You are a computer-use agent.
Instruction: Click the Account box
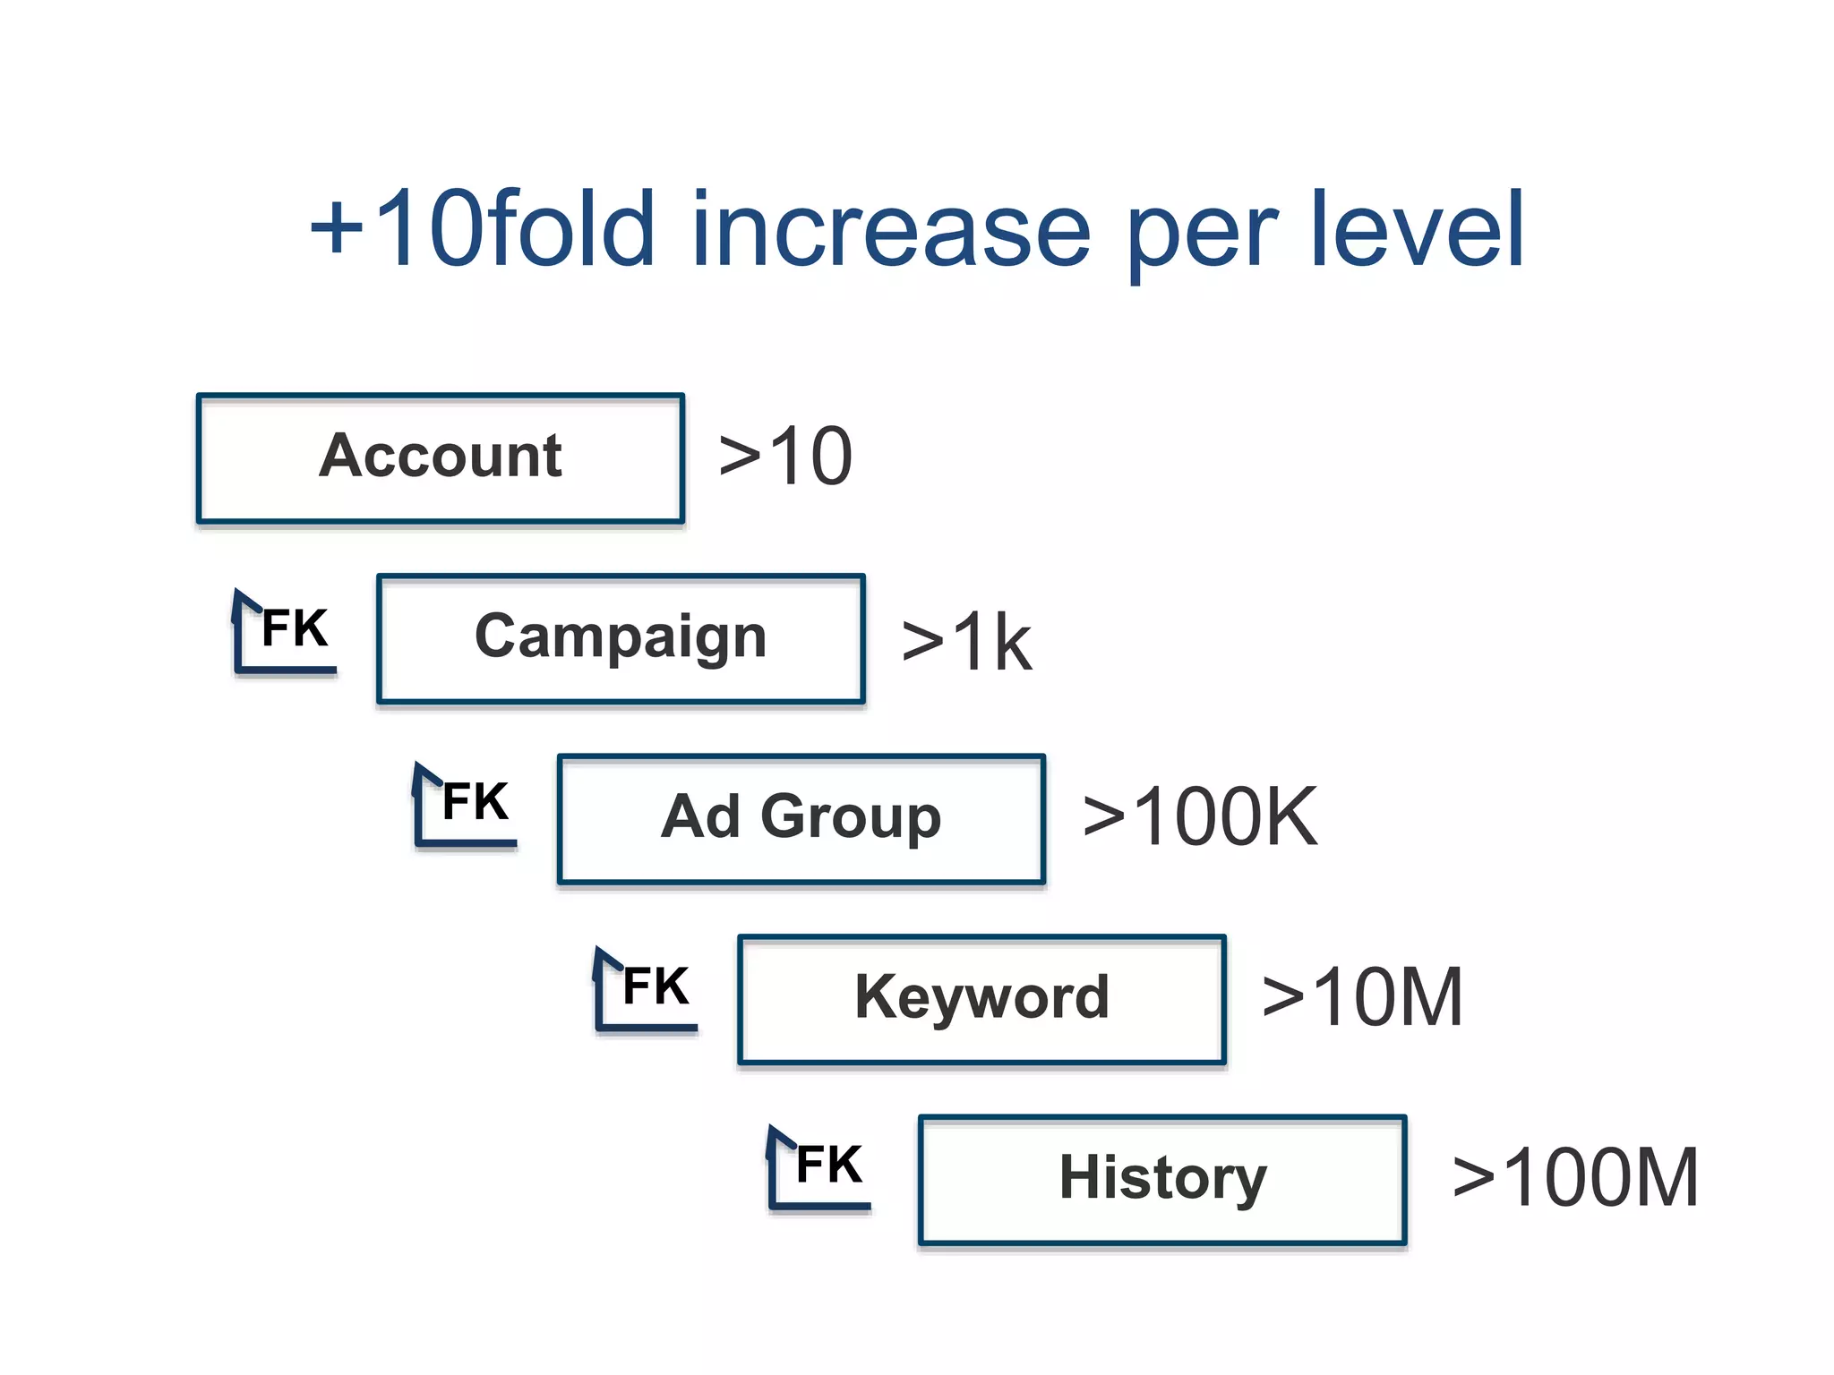(440, 457)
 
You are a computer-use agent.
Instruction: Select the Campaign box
(621, 638)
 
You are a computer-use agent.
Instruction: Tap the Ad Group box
(801, 818)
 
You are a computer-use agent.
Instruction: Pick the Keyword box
(981, 999)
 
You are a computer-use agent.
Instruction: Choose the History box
(1162, 1179)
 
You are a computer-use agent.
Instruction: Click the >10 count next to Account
(785, 457)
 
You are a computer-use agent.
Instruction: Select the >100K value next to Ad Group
(1199, 816)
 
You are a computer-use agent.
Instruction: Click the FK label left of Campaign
(295, 628)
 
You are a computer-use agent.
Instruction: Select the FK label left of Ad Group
(476, 801)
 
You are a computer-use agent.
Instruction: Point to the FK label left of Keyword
(656, 986)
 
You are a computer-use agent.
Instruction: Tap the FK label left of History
(829, 1165)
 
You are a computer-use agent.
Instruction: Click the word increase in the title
(891, 230)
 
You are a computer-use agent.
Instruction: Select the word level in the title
(1417, 230)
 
